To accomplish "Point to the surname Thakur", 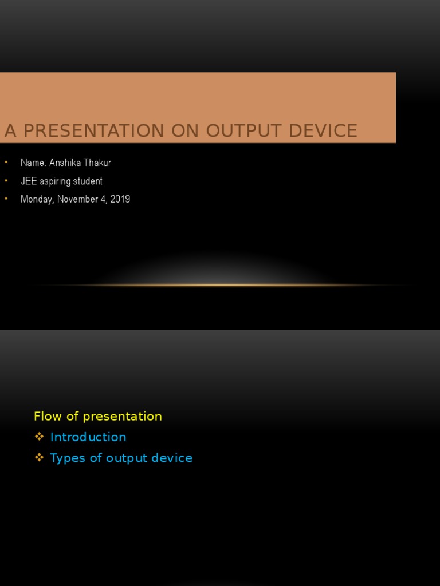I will (x=97, y=163).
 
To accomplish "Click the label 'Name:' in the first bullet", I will (x=33, y=163).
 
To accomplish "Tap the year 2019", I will (x=120, y=199).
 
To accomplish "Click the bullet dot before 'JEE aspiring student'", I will (x=6, y=181).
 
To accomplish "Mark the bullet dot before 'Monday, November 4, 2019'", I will (x=6, y=199).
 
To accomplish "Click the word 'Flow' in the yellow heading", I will (x=46, y=417).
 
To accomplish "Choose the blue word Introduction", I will (x=88, y=437).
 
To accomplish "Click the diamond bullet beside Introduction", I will (x=39, y=437).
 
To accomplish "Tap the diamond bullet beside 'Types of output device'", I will (x=39, y=457).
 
